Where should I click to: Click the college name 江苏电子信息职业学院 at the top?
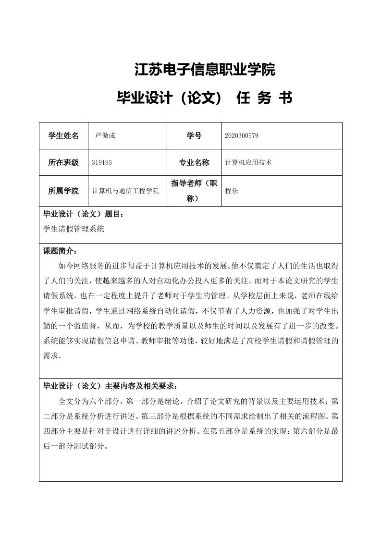(204, 70)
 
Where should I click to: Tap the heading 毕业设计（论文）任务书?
(204, 98)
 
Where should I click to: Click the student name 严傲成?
(105, 136)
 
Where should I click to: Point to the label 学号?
(194, 136)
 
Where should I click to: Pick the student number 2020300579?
(242, 136)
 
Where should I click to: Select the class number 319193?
(101, 163)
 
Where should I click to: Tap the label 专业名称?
(194, 163)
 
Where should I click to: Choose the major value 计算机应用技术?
(248, 163)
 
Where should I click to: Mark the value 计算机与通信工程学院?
(125, 191)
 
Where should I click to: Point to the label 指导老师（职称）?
(194, 191)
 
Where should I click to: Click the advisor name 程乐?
(232, 191)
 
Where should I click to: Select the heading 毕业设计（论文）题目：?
(86, 215)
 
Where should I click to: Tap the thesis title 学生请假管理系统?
(74, 229)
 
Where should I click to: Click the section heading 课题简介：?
(60, 251)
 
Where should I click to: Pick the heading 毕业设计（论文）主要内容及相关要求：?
(111, 386)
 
